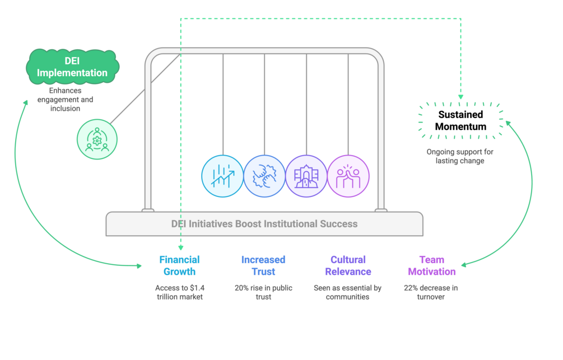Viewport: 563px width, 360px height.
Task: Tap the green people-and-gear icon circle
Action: point(97,139)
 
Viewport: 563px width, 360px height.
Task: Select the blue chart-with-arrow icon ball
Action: point(222,176)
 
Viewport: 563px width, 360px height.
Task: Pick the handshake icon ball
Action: point(264,176)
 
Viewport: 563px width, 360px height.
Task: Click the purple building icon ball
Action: point(306,176)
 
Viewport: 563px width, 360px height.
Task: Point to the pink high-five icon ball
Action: point(348,176)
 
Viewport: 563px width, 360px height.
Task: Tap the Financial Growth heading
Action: point(179,265)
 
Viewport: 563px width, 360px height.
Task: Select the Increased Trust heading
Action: point(263,265)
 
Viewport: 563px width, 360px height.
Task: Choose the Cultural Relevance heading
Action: point(348,265)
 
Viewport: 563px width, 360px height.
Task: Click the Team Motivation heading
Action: point(431,265)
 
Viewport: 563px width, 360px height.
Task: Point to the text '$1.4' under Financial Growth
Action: point(195,288)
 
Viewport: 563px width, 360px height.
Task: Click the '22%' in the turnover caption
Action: point(412,288)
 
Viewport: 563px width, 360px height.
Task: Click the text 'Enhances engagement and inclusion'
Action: point(65,99)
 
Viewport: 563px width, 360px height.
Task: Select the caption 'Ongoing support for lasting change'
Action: point(460,156)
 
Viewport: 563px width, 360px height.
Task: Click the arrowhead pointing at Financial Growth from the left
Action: point(139,266)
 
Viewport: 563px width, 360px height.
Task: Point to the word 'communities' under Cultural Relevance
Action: point(348,297)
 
